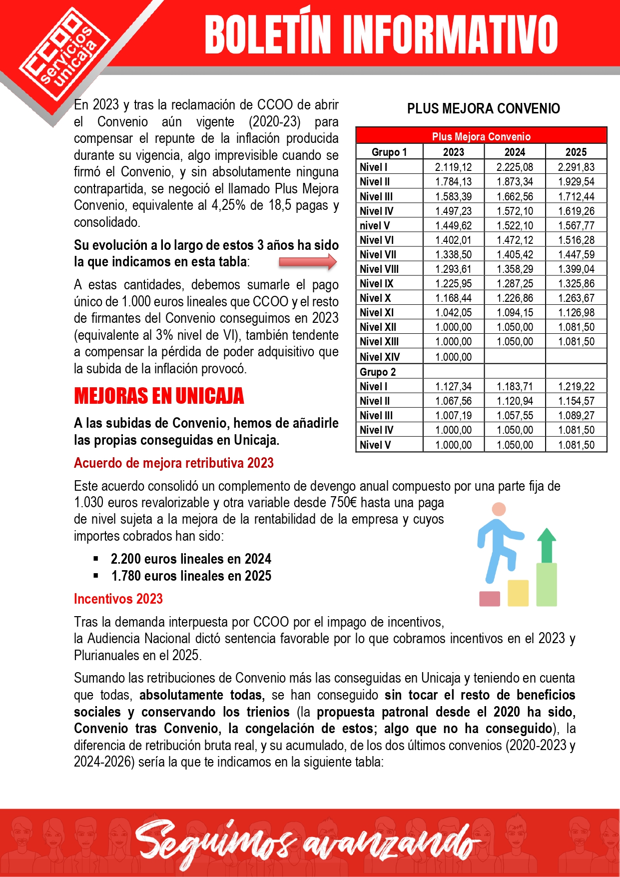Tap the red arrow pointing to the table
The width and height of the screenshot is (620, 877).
coord(308,262)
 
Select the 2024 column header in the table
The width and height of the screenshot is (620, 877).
coord(515,152)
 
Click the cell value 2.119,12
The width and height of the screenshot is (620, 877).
coord(453,167)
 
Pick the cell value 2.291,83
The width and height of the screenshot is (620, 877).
coord(576,167)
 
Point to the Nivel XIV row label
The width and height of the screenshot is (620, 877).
coord(380,357)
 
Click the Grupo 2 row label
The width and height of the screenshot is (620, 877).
coord(378,372)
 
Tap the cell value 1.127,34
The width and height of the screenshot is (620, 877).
coord(453,386)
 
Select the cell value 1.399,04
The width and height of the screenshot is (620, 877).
coord(576,269)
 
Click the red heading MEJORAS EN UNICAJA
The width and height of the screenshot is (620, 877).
coord(159,396)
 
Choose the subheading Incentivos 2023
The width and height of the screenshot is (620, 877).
coord(118,599)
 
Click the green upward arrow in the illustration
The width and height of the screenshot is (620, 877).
coord(547,545)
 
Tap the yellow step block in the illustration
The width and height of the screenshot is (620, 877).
coord(518,593)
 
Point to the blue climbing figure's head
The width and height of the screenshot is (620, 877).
coord(499,509)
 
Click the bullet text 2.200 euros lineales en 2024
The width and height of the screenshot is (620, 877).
coord(191,559)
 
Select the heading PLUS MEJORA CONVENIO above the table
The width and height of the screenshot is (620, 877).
coord(483,108)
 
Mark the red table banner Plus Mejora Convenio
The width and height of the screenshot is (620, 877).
coord(481,136)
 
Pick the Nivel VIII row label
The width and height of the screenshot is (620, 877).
coord(379,269)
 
